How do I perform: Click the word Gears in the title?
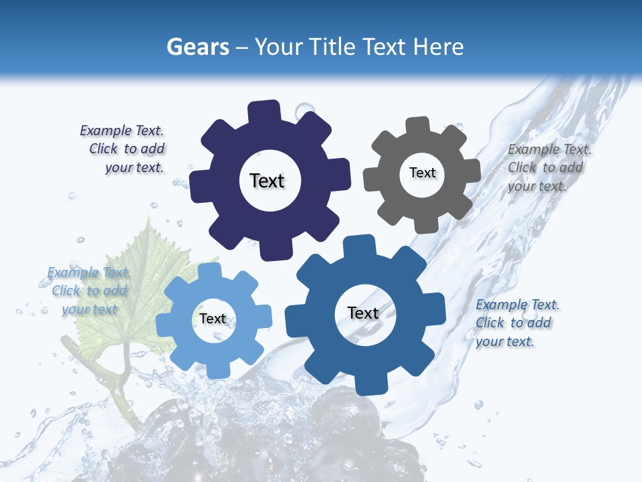click(197, 47)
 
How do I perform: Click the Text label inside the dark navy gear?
click(267, 181)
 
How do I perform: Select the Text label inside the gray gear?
click(422, 173)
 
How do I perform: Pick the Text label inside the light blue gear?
click(213, 319)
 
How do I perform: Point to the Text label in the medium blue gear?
click(363, 313)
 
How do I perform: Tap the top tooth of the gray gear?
click(418, 127)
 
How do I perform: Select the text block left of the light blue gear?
click(89, 291)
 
